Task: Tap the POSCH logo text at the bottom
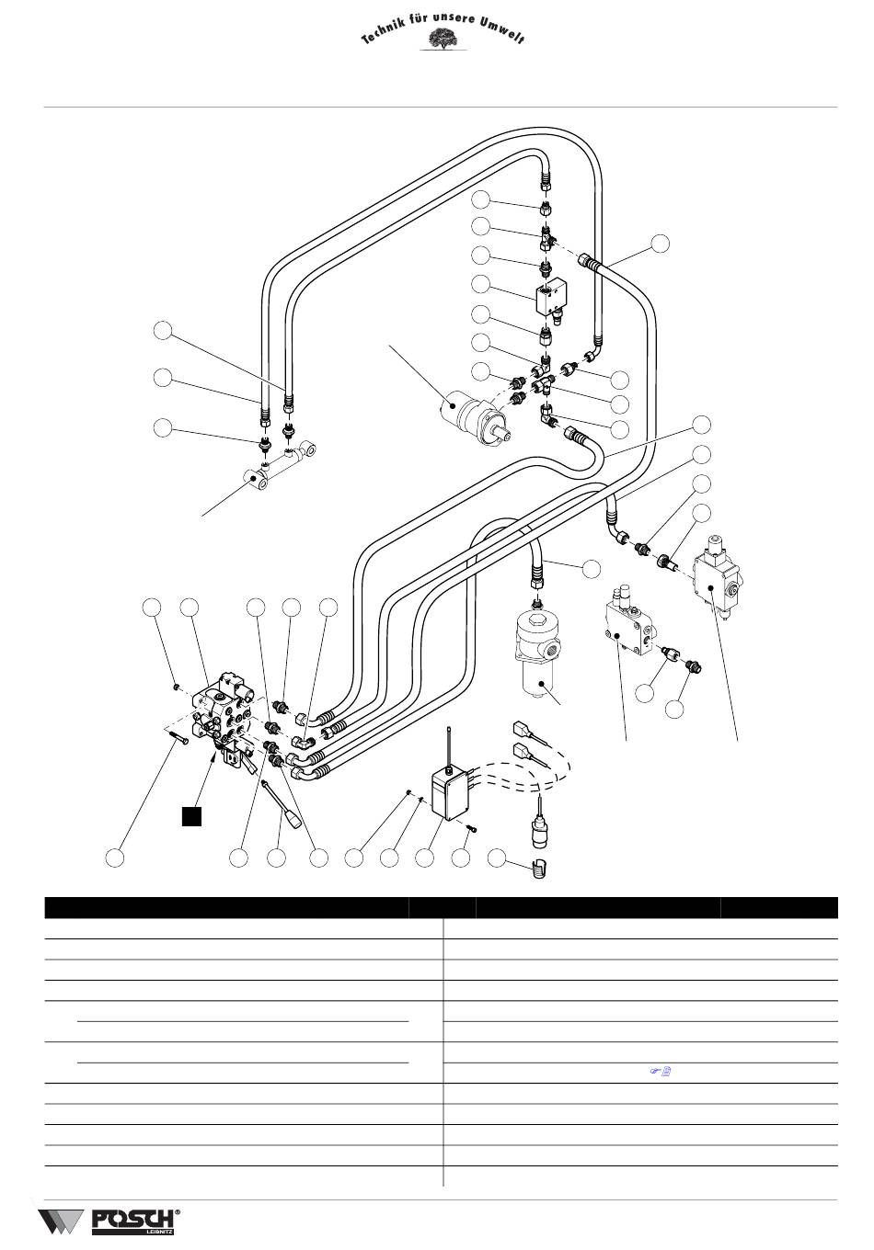pyautogui.click(x=132, y=1221)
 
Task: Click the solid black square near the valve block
pyautogui.click(x=190, y=815)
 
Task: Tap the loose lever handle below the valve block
pyautogui.click(x=280, y=801)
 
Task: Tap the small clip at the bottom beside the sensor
pyautogui.click(x=539, y=867)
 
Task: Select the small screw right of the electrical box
pyautogui.click(x=471, y=829)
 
